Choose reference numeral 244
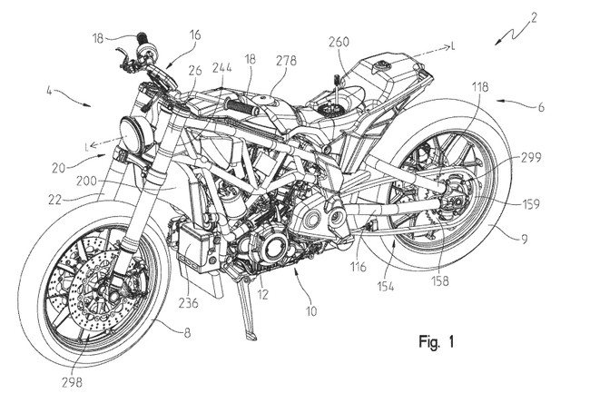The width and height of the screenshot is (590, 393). [x=221, y=66]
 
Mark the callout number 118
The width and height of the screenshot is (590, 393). [x=480, y=87]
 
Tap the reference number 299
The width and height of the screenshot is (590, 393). [x=531, y=157]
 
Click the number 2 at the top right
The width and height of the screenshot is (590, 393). [x=536, y=17]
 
